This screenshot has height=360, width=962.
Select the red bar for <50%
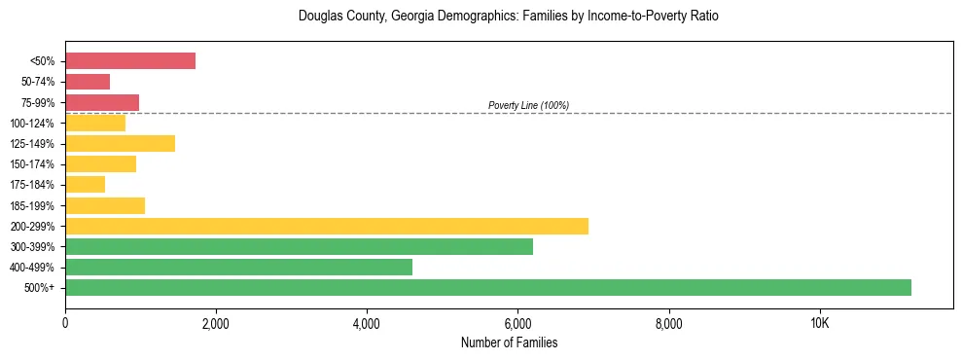pos(130,61)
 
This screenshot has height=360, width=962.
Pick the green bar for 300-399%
pos(299,246)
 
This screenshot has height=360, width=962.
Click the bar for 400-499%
pos(238,267)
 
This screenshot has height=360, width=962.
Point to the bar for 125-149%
pos(120,144)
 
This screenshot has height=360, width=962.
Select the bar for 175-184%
pos(85,185)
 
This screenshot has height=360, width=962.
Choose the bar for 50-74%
pos(88,82)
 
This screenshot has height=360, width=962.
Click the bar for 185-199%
pos(105,205)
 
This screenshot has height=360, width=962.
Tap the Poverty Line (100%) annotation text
pos(528,105)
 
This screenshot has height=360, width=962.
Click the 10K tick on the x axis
pos(820,324)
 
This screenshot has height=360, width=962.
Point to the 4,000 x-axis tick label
pos(367,324)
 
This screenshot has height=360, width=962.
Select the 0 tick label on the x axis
pos(65,324)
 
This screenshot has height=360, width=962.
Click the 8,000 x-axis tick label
pos(669,324)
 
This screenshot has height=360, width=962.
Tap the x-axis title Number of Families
pos(509,342)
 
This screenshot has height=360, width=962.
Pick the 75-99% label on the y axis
pos(37,103)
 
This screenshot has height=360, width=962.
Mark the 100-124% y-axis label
pos(34,124)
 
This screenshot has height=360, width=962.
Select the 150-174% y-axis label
pos(34,164)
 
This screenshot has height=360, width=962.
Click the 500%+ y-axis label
pos(40,288)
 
